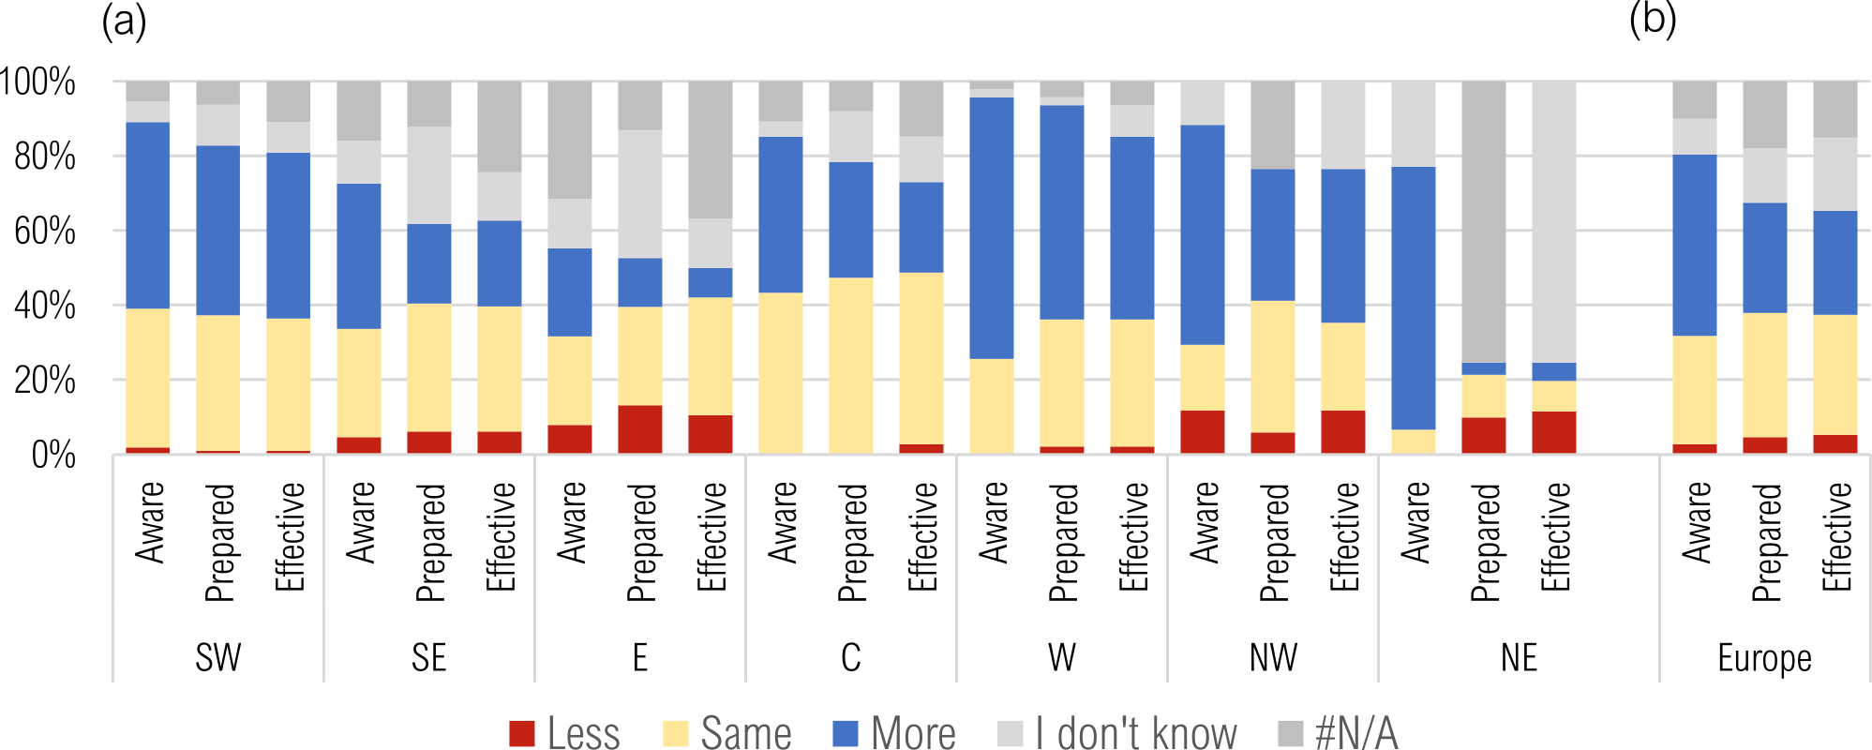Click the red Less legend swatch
pos(522,733)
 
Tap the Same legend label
pos(745,733)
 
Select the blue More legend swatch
pos(846,733)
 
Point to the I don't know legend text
pos(1135,733)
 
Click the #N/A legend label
pos(1355,733)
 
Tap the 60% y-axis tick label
pos(44,231)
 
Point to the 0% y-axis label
pos(53,455)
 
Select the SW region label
pos(218,657)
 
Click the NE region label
pos(1519,657)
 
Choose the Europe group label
pos(1764,657)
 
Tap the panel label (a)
pos(124,21)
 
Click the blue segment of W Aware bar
pos(992,228)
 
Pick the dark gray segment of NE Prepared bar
pos(1484,221)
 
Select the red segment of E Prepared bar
pos(640,429)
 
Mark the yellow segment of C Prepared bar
pos(851,366)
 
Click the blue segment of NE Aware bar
pos(1414,297)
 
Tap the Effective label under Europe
pos(1836,536)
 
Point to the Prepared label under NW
pos(1274,542)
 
